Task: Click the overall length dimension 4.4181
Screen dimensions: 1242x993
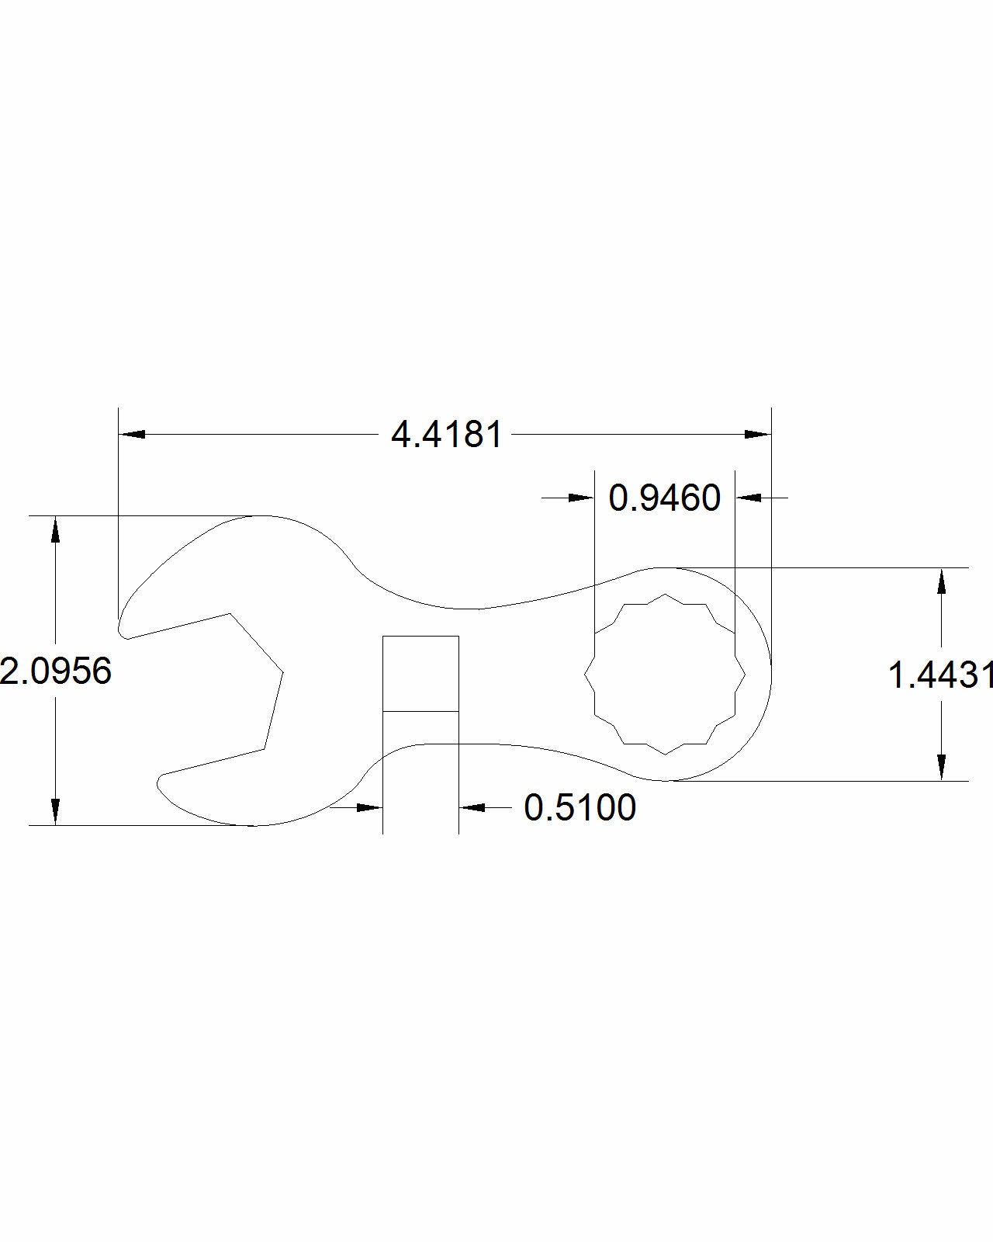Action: [447, 435]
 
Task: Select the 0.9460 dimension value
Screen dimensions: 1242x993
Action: [665, 498]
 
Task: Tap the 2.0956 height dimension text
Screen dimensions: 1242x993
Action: [56, 671]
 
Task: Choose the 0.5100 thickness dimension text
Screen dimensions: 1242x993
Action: [580, 807]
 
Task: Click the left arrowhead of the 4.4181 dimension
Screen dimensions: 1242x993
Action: [132, 434]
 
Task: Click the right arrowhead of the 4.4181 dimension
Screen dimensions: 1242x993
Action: [757, 434]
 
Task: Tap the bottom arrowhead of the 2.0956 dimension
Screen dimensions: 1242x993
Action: [55, 811]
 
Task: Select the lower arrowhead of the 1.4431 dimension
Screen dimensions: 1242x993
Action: [941, 767]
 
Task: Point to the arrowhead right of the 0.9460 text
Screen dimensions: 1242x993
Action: [749, 498]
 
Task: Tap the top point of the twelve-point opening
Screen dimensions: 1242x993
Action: [665, 595]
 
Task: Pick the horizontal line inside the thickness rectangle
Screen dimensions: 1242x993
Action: [420, 711]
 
